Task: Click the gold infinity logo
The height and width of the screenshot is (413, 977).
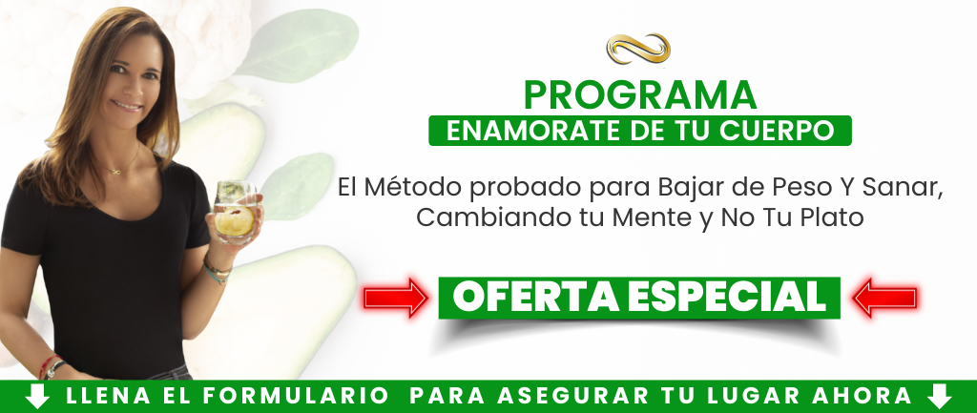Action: click(x=638, y=49)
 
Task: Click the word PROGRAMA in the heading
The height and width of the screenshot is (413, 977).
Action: click(x=640, y=95)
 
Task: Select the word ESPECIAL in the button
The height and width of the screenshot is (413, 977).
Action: click(x=726, y=298)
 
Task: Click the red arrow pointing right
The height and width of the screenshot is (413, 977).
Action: click(x=396, y=298)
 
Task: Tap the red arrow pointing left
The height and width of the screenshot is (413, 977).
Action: click(x=884, y=298)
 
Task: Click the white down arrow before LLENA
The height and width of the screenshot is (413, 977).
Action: click(x=37, y=396)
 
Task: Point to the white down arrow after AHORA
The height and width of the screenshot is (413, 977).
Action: click(x=939, y=396)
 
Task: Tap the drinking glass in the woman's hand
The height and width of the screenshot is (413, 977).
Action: click(x=235, y=212)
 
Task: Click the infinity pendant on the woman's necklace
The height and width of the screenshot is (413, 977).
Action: click(x=114, y=171)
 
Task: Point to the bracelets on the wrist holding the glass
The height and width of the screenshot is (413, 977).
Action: click(x=217, y=270)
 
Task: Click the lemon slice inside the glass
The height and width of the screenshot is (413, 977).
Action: click(x=235, y=220)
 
